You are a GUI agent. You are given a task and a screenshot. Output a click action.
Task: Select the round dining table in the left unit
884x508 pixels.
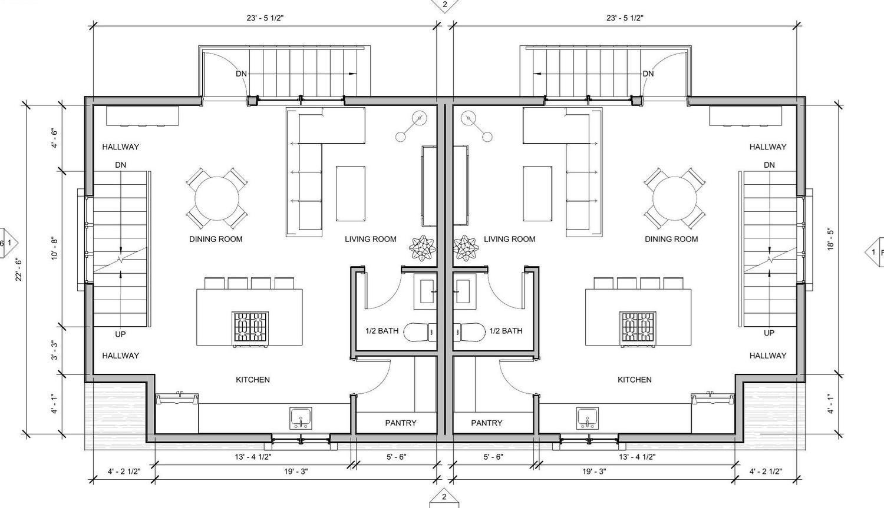click(217, 198)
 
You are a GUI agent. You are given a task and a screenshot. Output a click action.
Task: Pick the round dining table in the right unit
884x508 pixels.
click(674, 198)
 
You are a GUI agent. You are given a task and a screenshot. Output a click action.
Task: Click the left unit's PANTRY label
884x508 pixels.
click(401, 423)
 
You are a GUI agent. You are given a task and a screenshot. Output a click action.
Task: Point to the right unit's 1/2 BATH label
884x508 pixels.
click(506, 331)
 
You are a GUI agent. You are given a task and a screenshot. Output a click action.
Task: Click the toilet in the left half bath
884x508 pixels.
click(420, 331)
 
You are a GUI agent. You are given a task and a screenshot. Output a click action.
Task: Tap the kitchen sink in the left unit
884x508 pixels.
click(301, 418)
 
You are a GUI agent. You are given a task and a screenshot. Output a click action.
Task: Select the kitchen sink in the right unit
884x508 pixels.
click(588, 418)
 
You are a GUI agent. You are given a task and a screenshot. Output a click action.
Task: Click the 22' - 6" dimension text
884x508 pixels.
click(18, 270)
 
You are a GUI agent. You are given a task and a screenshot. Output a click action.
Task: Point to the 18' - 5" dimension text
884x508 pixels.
click(831, 239)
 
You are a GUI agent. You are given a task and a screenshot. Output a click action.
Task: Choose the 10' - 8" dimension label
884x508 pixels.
click(54, 248)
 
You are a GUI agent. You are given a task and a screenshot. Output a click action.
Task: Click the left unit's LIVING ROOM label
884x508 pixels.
click(371, 239)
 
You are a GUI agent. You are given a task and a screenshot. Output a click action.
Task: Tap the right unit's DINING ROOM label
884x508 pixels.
click(671, 239)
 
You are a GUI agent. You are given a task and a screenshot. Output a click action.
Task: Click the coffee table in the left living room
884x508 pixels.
click(351, 194)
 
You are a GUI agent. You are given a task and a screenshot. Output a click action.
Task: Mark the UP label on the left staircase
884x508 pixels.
click(120, 334)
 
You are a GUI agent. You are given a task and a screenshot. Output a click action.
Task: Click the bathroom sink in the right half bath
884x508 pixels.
click(463, 291)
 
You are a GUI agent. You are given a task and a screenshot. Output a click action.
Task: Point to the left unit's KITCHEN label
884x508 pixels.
click(253, 380)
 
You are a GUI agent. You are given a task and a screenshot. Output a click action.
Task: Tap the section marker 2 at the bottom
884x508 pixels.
click(444, 499)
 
